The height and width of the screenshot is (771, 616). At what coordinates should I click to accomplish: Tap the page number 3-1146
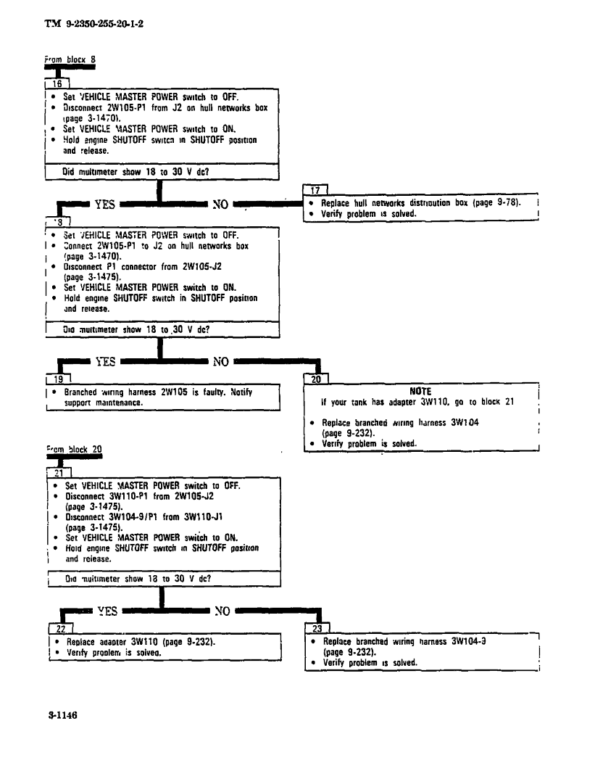click(63, 714)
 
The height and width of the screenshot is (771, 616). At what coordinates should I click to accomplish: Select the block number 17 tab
click(315, 191)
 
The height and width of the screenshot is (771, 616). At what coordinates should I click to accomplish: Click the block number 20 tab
click(317, 378)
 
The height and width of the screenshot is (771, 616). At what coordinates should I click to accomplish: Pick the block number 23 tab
click(318, 627)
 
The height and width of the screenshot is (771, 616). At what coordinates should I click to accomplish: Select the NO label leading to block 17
click(220, 205)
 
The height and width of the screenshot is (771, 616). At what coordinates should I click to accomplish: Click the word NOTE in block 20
click(420, 391)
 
